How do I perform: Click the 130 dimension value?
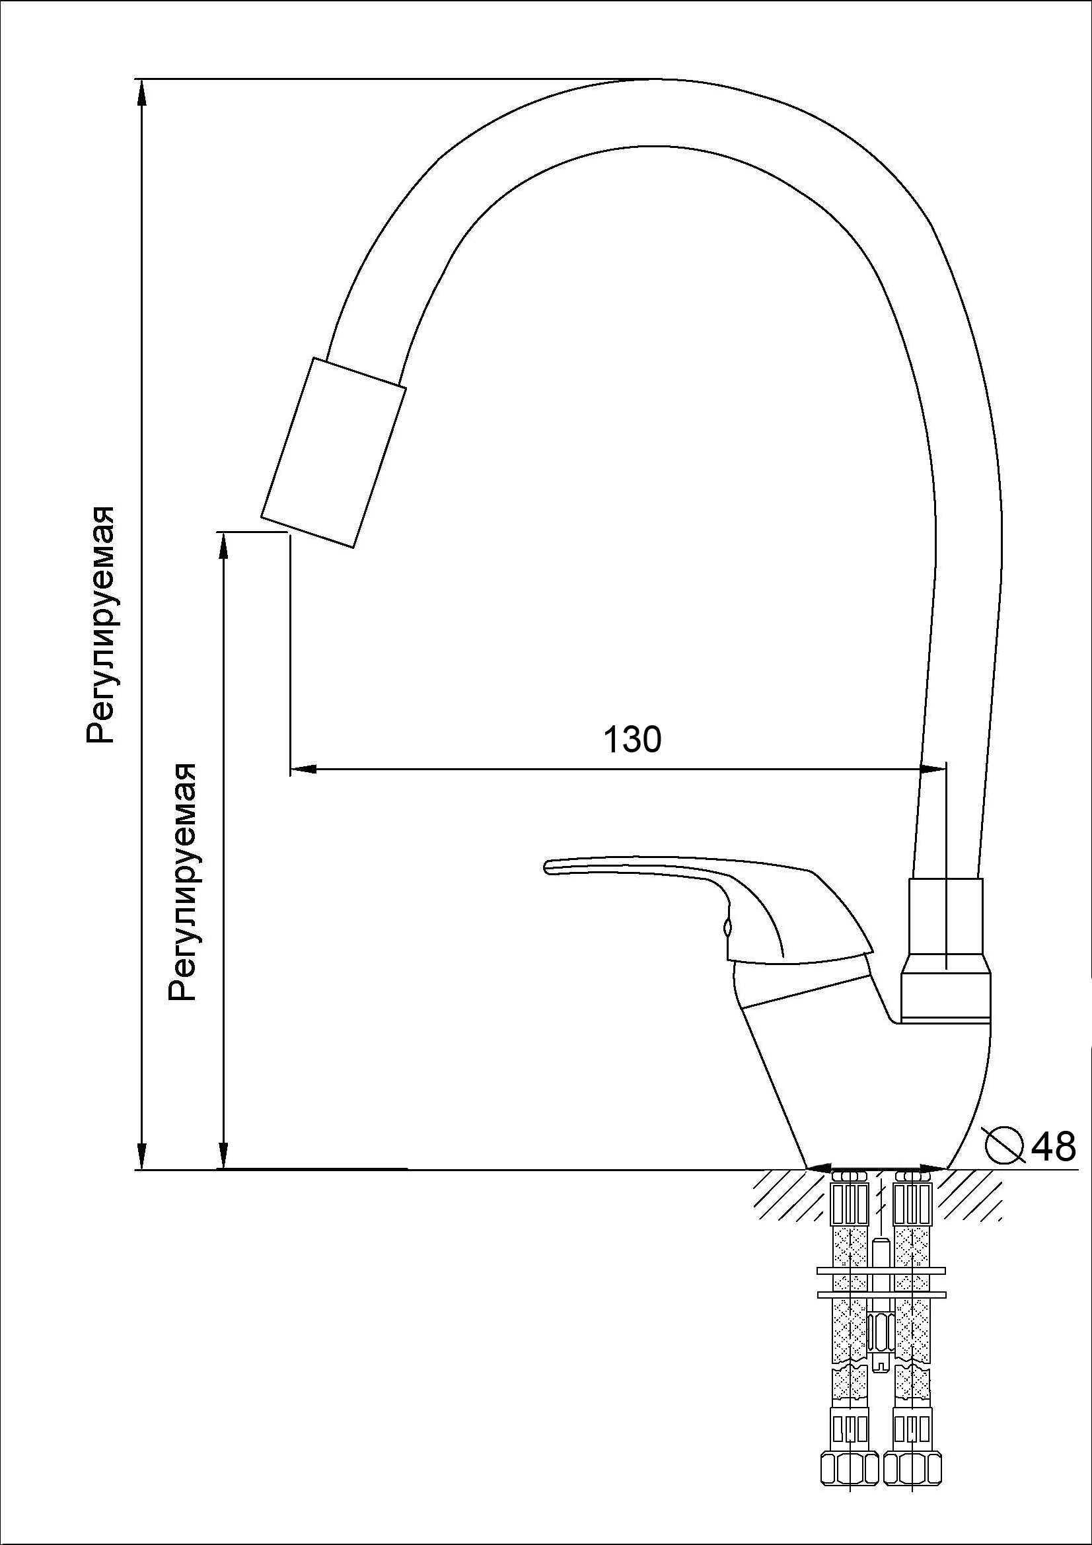pyautogui.click(x=632, y=740)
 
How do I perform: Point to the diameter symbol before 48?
pyautogui.click(x=1003, y=1145)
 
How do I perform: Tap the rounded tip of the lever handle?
pyautogui.click(x=547, y=867)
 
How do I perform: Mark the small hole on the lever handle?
pyautogui.click(x=727, y=929)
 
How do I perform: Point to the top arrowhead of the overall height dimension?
pyautogui.click(x=141, y=92)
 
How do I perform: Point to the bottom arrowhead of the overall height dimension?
pyautogui.click(x=141, y=1156)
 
